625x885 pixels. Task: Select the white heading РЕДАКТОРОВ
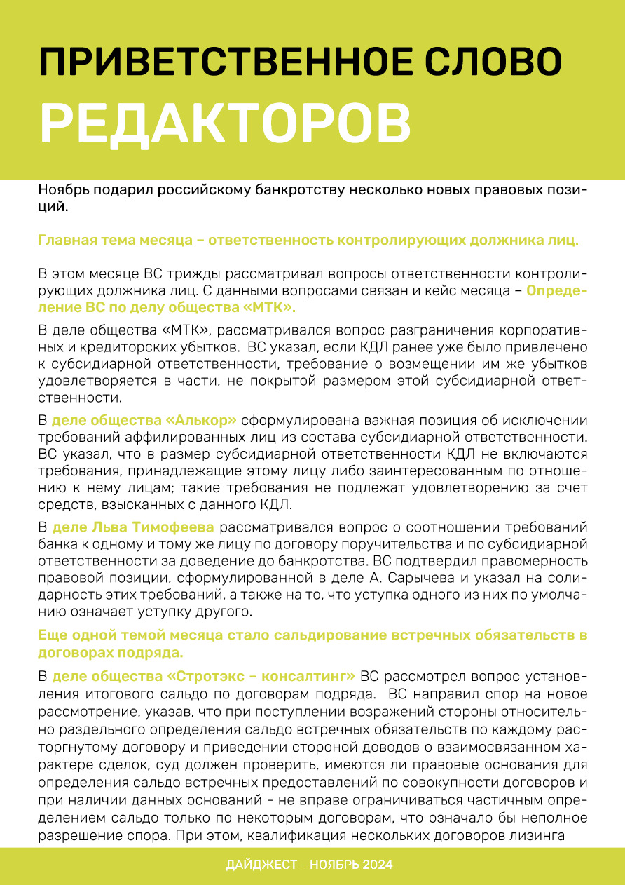click(x=225, y=123)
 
